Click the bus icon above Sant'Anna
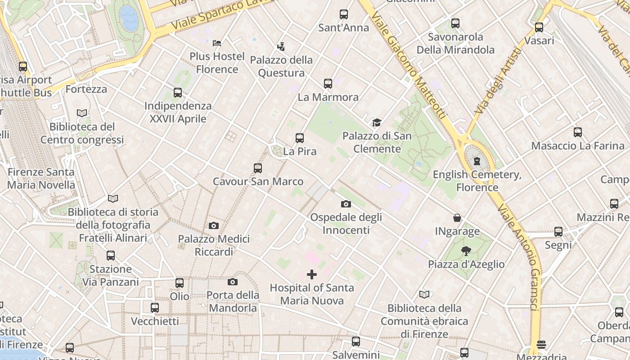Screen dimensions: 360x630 [x=344, y=14]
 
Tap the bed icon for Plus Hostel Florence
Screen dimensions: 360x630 [x=217, y=43]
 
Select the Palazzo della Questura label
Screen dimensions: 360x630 [x=281, y=66]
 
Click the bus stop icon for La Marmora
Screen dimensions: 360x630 [x=328, y=84]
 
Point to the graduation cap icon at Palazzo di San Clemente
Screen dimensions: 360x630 [x=377, y=122]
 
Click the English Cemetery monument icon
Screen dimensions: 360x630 [x=477, y=161]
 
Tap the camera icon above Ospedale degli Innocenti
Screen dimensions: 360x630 [x=346, y=204]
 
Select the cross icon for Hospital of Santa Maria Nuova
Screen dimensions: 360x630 [x=311, y=274]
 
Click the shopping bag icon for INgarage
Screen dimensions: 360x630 [x=457, y=218]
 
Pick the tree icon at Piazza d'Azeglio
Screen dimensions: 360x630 [x=466, y=251]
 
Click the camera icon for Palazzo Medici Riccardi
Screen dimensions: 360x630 [x=214, y=225]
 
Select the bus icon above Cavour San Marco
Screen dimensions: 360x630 [x=258, y=168]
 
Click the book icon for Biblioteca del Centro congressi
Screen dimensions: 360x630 [x=82, y=113]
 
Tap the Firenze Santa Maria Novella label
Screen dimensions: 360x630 [x=41, y=178]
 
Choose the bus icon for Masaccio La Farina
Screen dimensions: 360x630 [x=578, y=132]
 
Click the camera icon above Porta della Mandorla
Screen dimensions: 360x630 [x=233, y=282]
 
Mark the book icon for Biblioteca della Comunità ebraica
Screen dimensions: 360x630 [x=424, y=295]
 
